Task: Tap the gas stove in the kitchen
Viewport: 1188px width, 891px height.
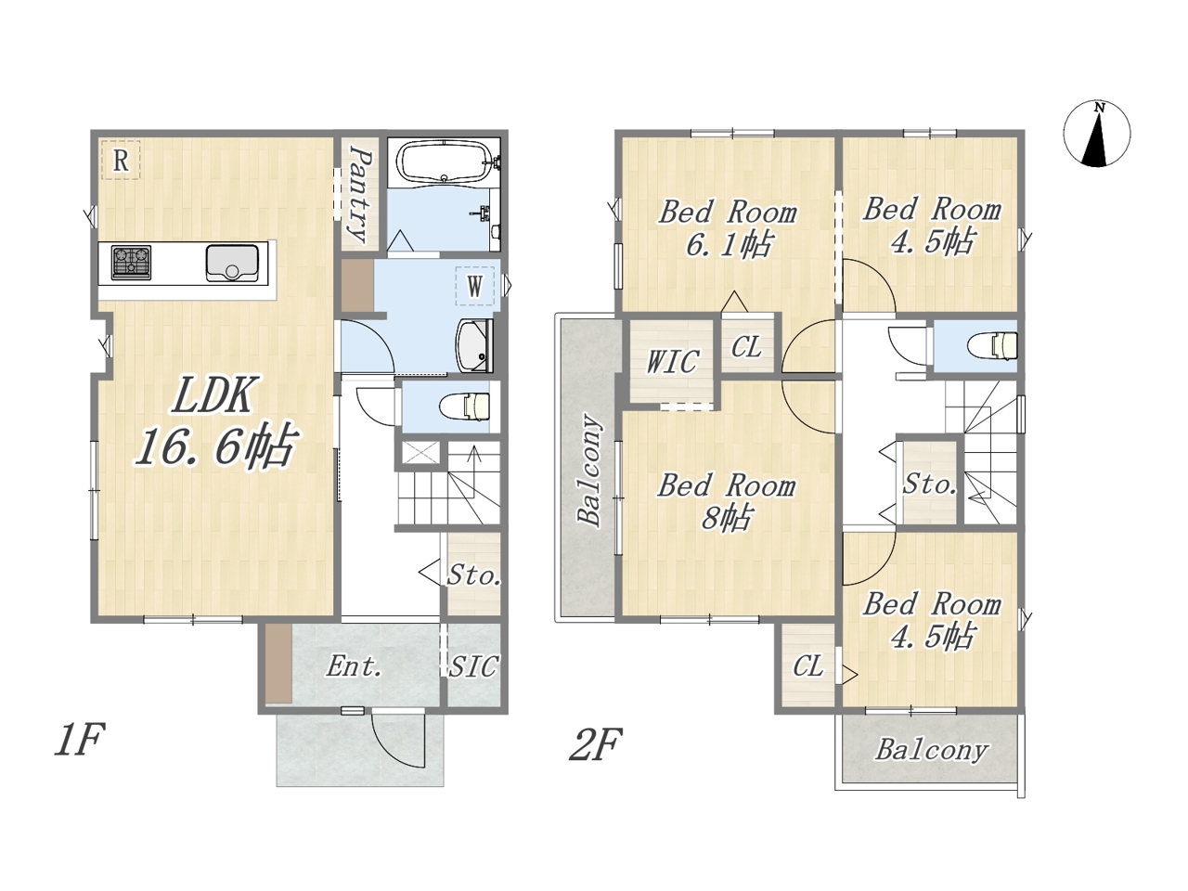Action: coord(131,263)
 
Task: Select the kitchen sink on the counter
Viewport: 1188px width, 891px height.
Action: coord(232,263)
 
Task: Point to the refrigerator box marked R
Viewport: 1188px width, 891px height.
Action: coord(121,161)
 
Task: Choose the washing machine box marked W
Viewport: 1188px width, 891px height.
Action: coord(474,286)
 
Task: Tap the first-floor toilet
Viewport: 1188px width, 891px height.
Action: coord(465,407)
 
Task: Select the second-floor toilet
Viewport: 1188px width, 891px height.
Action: coord(994,345)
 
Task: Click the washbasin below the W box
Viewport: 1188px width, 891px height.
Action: coord(474,345)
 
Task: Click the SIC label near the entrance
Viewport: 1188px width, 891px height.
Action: coord(473,666)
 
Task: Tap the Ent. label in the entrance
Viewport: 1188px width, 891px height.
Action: coord(354,666)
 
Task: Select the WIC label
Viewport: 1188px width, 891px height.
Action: coord(672,361)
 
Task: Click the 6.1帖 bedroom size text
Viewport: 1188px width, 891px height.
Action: coord(729,245)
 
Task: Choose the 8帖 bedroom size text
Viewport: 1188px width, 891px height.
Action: coord(727,518)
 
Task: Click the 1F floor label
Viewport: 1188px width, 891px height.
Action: coord(80,741)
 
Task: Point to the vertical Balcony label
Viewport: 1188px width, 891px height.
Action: coord(589,470)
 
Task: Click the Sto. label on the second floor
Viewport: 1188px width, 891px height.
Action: coord(929,484)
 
